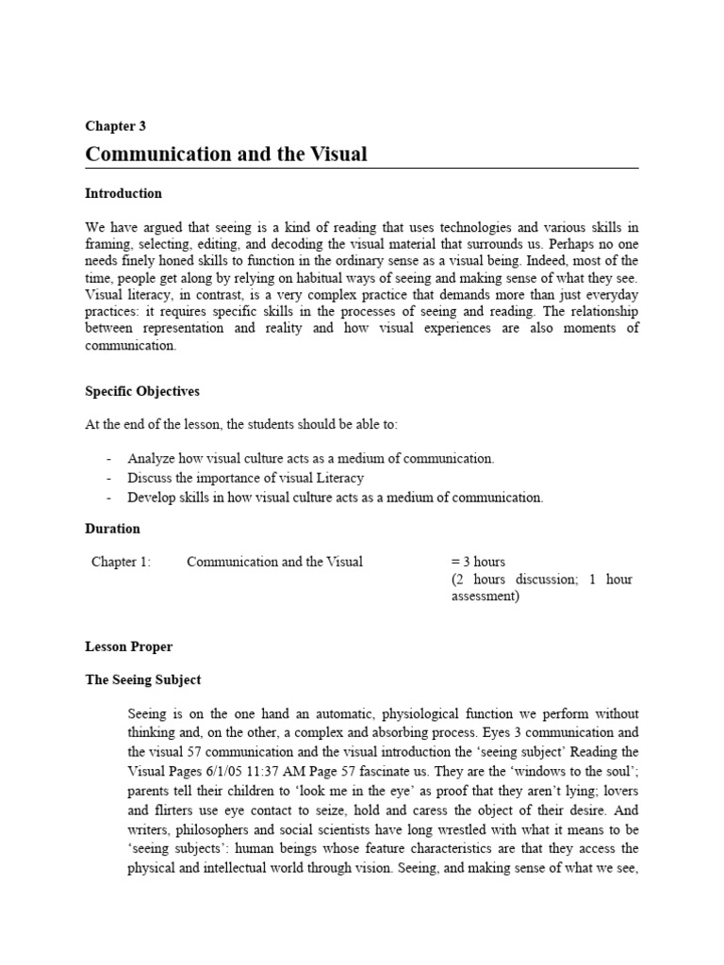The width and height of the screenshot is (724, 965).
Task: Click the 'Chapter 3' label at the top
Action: [x=115, y=125]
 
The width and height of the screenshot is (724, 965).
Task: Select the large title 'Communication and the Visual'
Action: [x=226, y=154]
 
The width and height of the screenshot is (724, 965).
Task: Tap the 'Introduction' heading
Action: [x=123, y=193]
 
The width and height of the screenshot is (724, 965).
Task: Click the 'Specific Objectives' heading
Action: [x=142, y=391]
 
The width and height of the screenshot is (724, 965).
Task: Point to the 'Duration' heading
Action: [x=112, y=529]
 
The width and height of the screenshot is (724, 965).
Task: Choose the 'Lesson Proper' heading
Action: [x=129, y=647]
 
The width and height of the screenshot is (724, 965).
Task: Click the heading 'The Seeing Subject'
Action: [x=143, y=679]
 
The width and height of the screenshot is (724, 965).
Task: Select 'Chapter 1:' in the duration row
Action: [x=121, y=562]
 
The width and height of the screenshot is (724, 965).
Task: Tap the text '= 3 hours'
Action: [x=479, y=562]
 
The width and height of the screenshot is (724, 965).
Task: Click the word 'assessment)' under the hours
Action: [x=485, y=597]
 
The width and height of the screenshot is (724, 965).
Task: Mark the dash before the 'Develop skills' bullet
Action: [x=110, y=498]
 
